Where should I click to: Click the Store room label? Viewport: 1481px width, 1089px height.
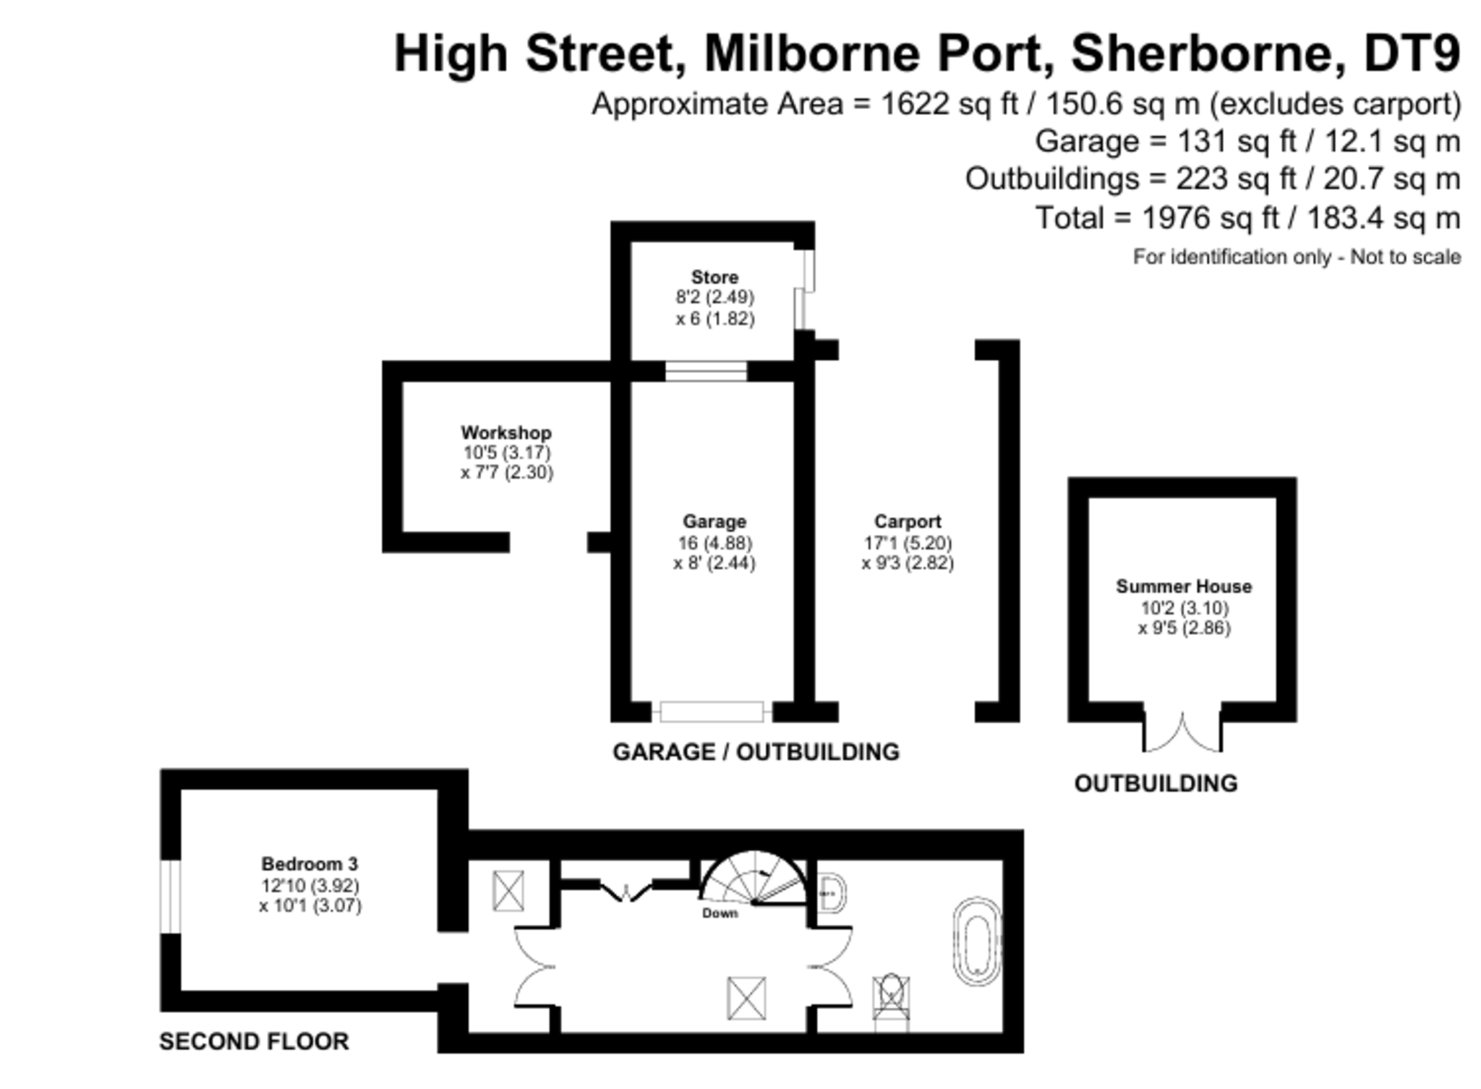pyautogui.click(x=714, y=277)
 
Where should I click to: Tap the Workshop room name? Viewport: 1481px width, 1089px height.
pyautogui.click(x=506, y=432)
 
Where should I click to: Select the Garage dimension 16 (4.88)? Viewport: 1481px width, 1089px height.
pyautogui.click(x=714, y=542)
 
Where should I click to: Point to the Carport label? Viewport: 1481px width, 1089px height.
pyautogui.click(x=908, y=521)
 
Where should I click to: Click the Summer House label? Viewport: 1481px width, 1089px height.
pyautogui.click(x=1184, y=586)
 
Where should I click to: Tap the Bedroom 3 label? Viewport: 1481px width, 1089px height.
pyautogui.click(x=310, y=863)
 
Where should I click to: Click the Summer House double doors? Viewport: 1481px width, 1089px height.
pyautogui.click(x=1183, y=732)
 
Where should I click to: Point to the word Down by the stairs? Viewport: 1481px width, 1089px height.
pyautogui.click(x=720, y=913)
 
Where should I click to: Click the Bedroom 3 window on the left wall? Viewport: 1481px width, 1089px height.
pyautogui.click(x=171, y=897)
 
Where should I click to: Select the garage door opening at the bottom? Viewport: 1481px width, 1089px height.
pyautogui.click(x=712, y=712)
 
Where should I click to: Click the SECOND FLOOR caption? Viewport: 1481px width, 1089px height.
pyautogui.click(x=254, y=1041)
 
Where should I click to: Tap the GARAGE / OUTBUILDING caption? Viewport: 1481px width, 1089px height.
pyautogui.click(x=756, y=752)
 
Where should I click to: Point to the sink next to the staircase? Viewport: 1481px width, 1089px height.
pyautogui.click(x=832, y=894)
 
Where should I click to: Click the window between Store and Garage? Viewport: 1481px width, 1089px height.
pyautogui.click(x=706, y=371)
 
